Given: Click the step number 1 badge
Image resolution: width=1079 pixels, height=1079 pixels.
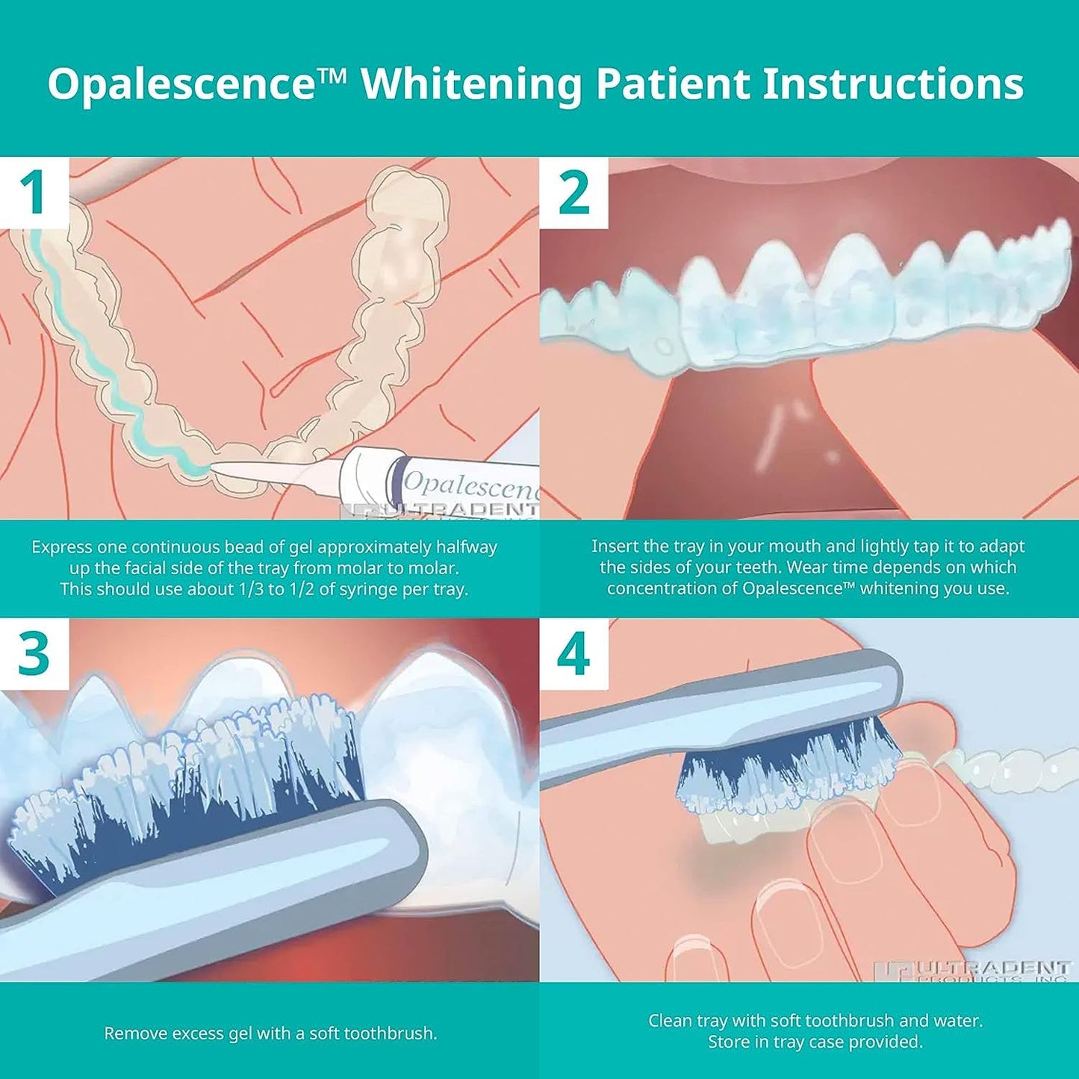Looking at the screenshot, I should tap(34, 193).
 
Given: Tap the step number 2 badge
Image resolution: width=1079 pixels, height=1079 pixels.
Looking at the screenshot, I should tap(573, 193).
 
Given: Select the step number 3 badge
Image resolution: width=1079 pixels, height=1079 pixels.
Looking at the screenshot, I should tap(34, 654).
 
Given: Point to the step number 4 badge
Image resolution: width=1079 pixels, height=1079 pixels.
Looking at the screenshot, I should tap(573, 654).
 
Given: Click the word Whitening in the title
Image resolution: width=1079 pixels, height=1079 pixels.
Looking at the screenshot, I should tap(471, 84).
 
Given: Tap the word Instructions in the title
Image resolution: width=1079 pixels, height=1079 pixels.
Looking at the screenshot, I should tap(892, 83).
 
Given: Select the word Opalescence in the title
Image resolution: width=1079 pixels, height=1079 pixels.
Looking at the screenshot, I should tap(182, 84).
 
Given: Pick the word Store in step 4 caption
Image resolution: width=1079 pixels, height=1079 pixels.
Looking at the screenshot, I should tap(727, 1042).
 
